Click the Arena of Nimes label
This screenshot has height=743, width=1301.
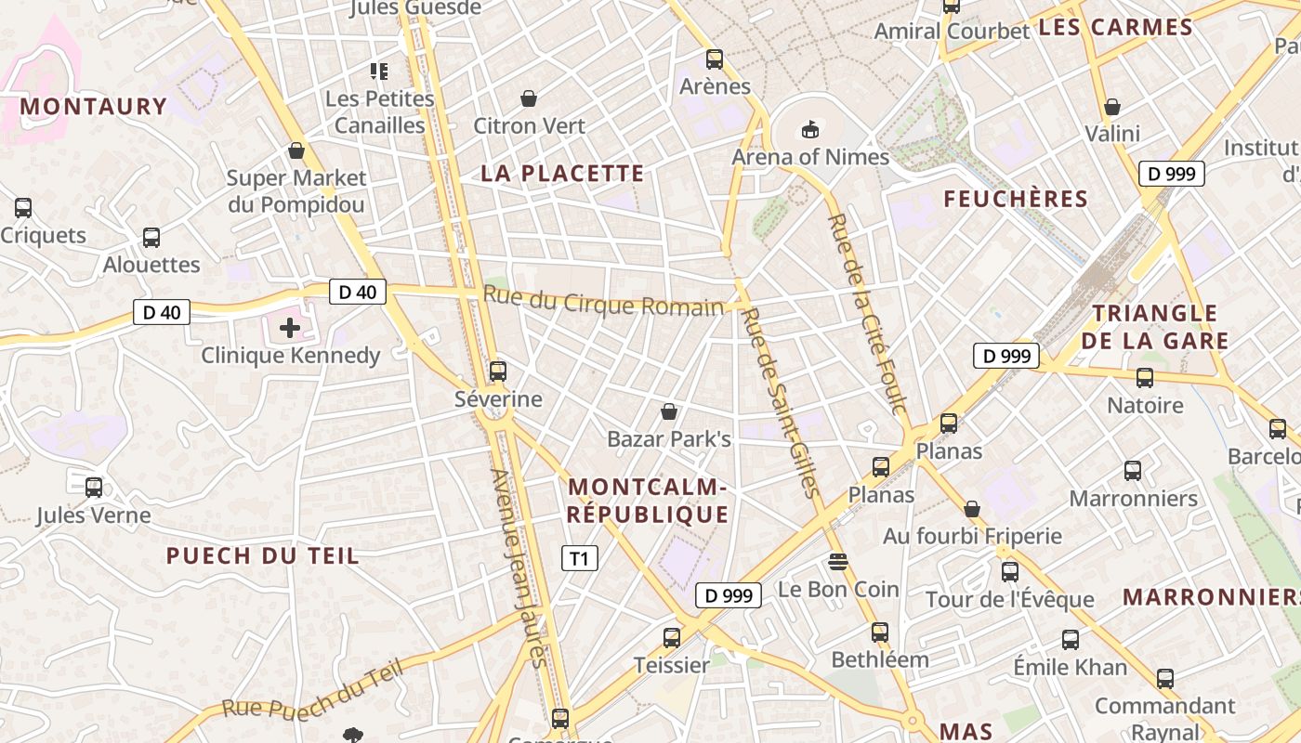point(810,157)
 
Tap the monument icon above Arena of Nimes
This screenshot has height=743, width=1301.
point(810,129)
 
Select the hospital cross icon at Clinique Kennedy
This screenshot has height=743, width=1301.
point(290,327)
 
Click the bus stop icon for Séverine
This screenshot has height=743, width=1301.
point(498,371)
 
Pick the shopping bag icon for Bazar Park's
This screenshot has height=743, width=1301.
point(668,411)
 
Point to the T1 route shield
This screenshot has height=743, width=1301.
point(579,558)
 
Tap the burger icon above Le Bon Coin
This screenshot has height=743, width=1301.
point(838,562)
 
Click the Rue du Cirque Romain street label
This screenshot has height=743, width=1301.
point(603,302)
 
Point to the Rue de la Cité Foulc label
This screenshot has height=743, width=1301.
point(866,314)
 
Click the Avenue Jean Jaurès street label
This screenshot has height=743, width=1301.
point(518,567)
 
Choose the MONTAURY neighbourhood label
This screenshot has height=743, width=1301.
point(93,107)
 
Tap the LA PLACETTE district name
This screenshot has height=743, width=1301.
point(562,174)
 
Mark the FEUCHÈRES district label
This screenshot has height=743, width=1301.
point(1015,199)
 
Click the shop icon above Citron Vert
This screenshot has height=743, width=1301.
point(529,98)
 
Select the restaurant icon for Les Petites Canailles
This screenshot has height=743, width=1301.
point(378,71)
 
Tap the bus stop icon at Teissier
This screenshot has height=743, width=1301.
point(672,637)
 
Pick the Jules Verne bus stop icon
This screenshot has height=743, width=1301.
point(94,487)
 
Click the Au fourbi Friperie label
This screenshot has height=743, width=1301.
point(971,536)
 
